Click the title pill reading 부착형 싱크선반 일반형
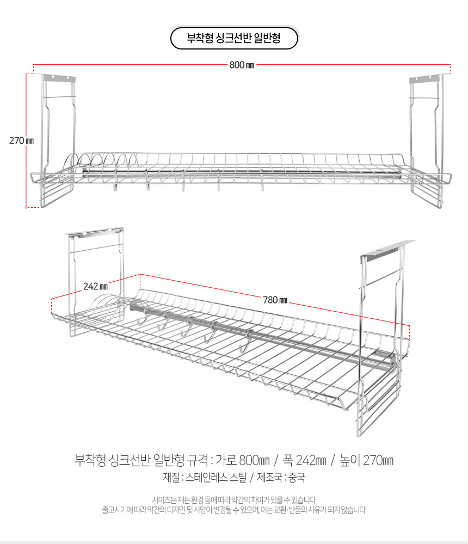(x=233, y=39)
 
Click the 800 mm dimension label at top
(x=242, y=65)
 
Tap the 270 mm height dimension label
(x=21, y=140)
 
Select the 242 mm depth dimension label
(x=96, y=286)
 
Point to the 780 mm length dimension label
(x=275, y=299)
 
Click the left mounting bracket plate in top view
(x=57, y=78)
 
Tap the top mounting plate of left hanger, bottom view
(x=94, y=232)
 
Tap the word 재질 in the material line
(x=171, y=478)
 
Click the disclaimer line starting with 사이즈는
(x=233, y=499)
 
